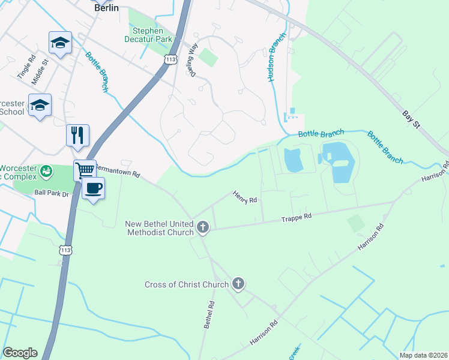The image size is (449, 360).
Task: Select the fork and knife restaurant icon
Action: [x=78, y=135]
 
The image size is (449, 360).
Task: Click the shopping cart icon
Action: [x=85, y=170]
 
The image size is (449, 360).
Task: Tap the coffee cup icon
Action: [x=93, y=188]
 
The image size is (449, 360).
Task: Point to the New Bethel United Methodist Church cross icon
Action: [x=203, y=228]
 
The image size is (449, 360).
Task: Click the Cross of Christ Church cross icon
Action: [x=238, y=284]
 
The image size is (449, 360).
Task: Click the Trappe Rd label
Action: [x=297, y=217]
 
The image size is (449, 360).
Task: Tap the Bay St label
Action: [x=411, y=118]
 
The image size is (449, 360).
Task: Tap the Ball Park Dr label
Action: [x=52, y=193]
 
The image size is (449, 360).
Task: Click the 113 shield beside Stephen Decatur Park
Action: [x=170, y=59]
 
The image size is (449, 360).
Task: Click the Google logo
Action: [x=20, y=353]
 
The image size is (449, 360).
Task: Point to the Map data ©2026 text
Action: [x=423, y=355]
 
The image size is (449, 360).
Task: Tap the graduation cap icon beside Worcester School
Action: [x=40, y=105]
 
